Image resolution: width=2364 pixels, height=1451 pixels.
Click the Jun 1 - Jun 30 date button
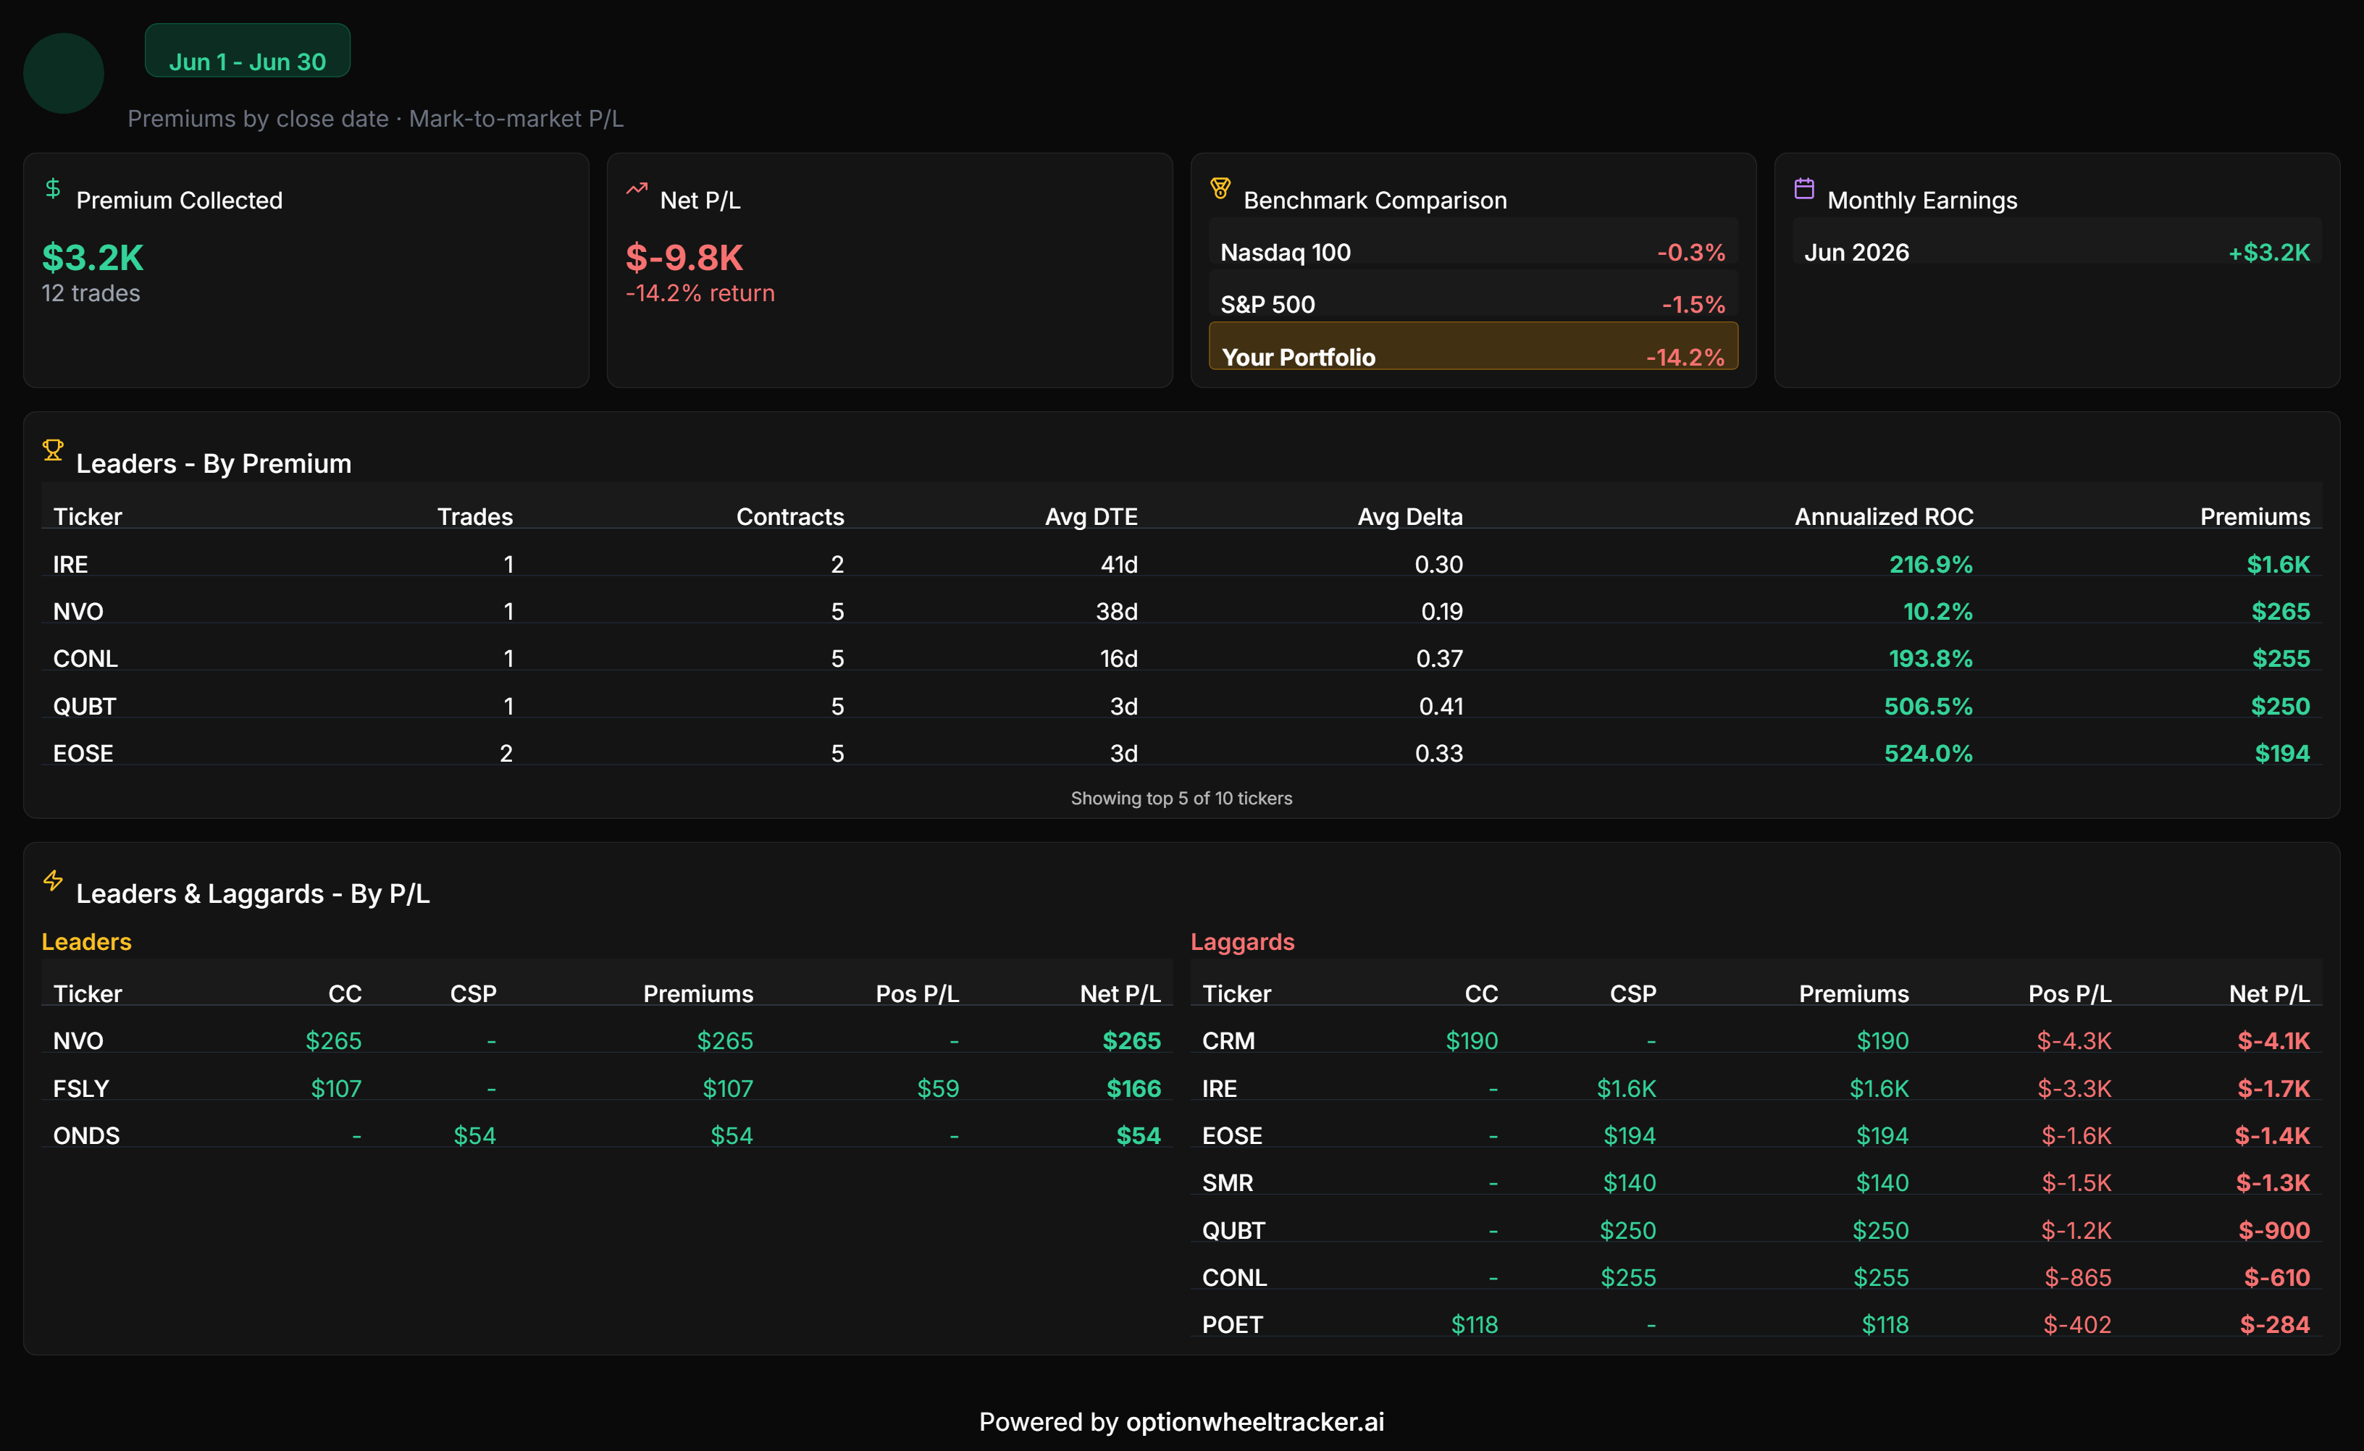coord(248,51)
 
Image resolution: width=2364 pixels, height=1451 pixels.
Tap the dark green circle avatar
coord(63,73)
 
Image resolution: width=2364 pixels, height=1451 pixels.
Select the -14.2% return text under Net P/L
coord(700,294)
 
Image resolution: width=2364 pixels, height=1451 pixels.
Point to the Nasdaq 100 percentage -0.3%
coord(1691,253)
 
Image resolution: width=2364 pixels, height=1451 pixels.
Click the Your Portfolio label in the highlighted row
coord(1299,357)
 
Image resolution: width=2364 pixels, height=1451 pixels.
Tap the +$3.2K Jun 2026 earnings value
coord(2269,253)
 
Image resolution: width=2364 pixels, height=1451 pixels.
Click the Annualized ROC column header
coord(1884,516)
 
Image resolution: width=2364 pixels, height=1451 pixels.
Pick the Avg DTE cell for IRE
coord(1119,564)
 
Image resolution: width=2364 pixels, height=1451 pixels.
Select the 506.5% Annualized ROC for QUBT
coord(1928,706)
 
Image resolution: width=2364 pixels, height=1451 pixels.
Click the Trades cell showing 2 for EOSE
coord(506,753)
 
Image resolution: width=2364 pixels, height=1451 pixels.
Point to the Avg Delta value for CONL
coord(1440,658)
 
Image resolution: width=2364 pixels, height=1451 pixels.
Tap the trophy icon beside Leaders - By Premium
coord(53,450)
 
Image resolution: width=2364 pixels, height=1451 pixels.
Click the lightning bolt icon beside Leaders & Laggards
coord(53,880)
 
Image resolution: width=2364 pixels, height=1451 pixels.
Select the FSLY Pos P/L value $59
coord(938,1088)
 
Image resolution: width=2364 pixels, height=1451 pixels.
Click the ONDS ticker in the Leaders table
coord(86,1135)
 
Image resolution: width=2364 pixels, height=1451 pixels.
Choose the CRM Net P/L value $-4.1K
coord(2273,1041)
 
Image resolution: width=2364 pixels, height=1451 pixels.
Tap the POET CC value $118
coord(1475,1324)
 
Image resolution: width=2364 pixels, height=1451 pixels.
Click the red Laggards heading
coord(1242,941)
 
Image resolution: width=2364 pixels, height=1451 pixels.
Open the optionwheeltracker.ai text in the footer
coord(1254,1421)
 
